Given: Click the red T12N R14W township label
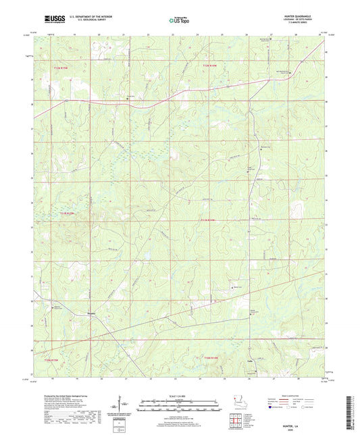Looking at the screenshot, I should [211, 65].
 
